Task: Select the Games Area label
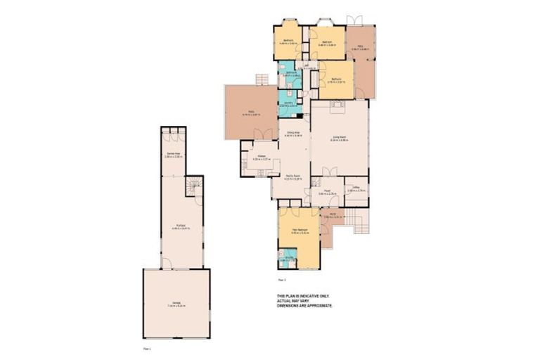tap(173, 155)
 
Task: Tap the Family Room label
tap(294, 178)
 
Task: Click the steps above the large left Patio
tap(262, 79)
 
